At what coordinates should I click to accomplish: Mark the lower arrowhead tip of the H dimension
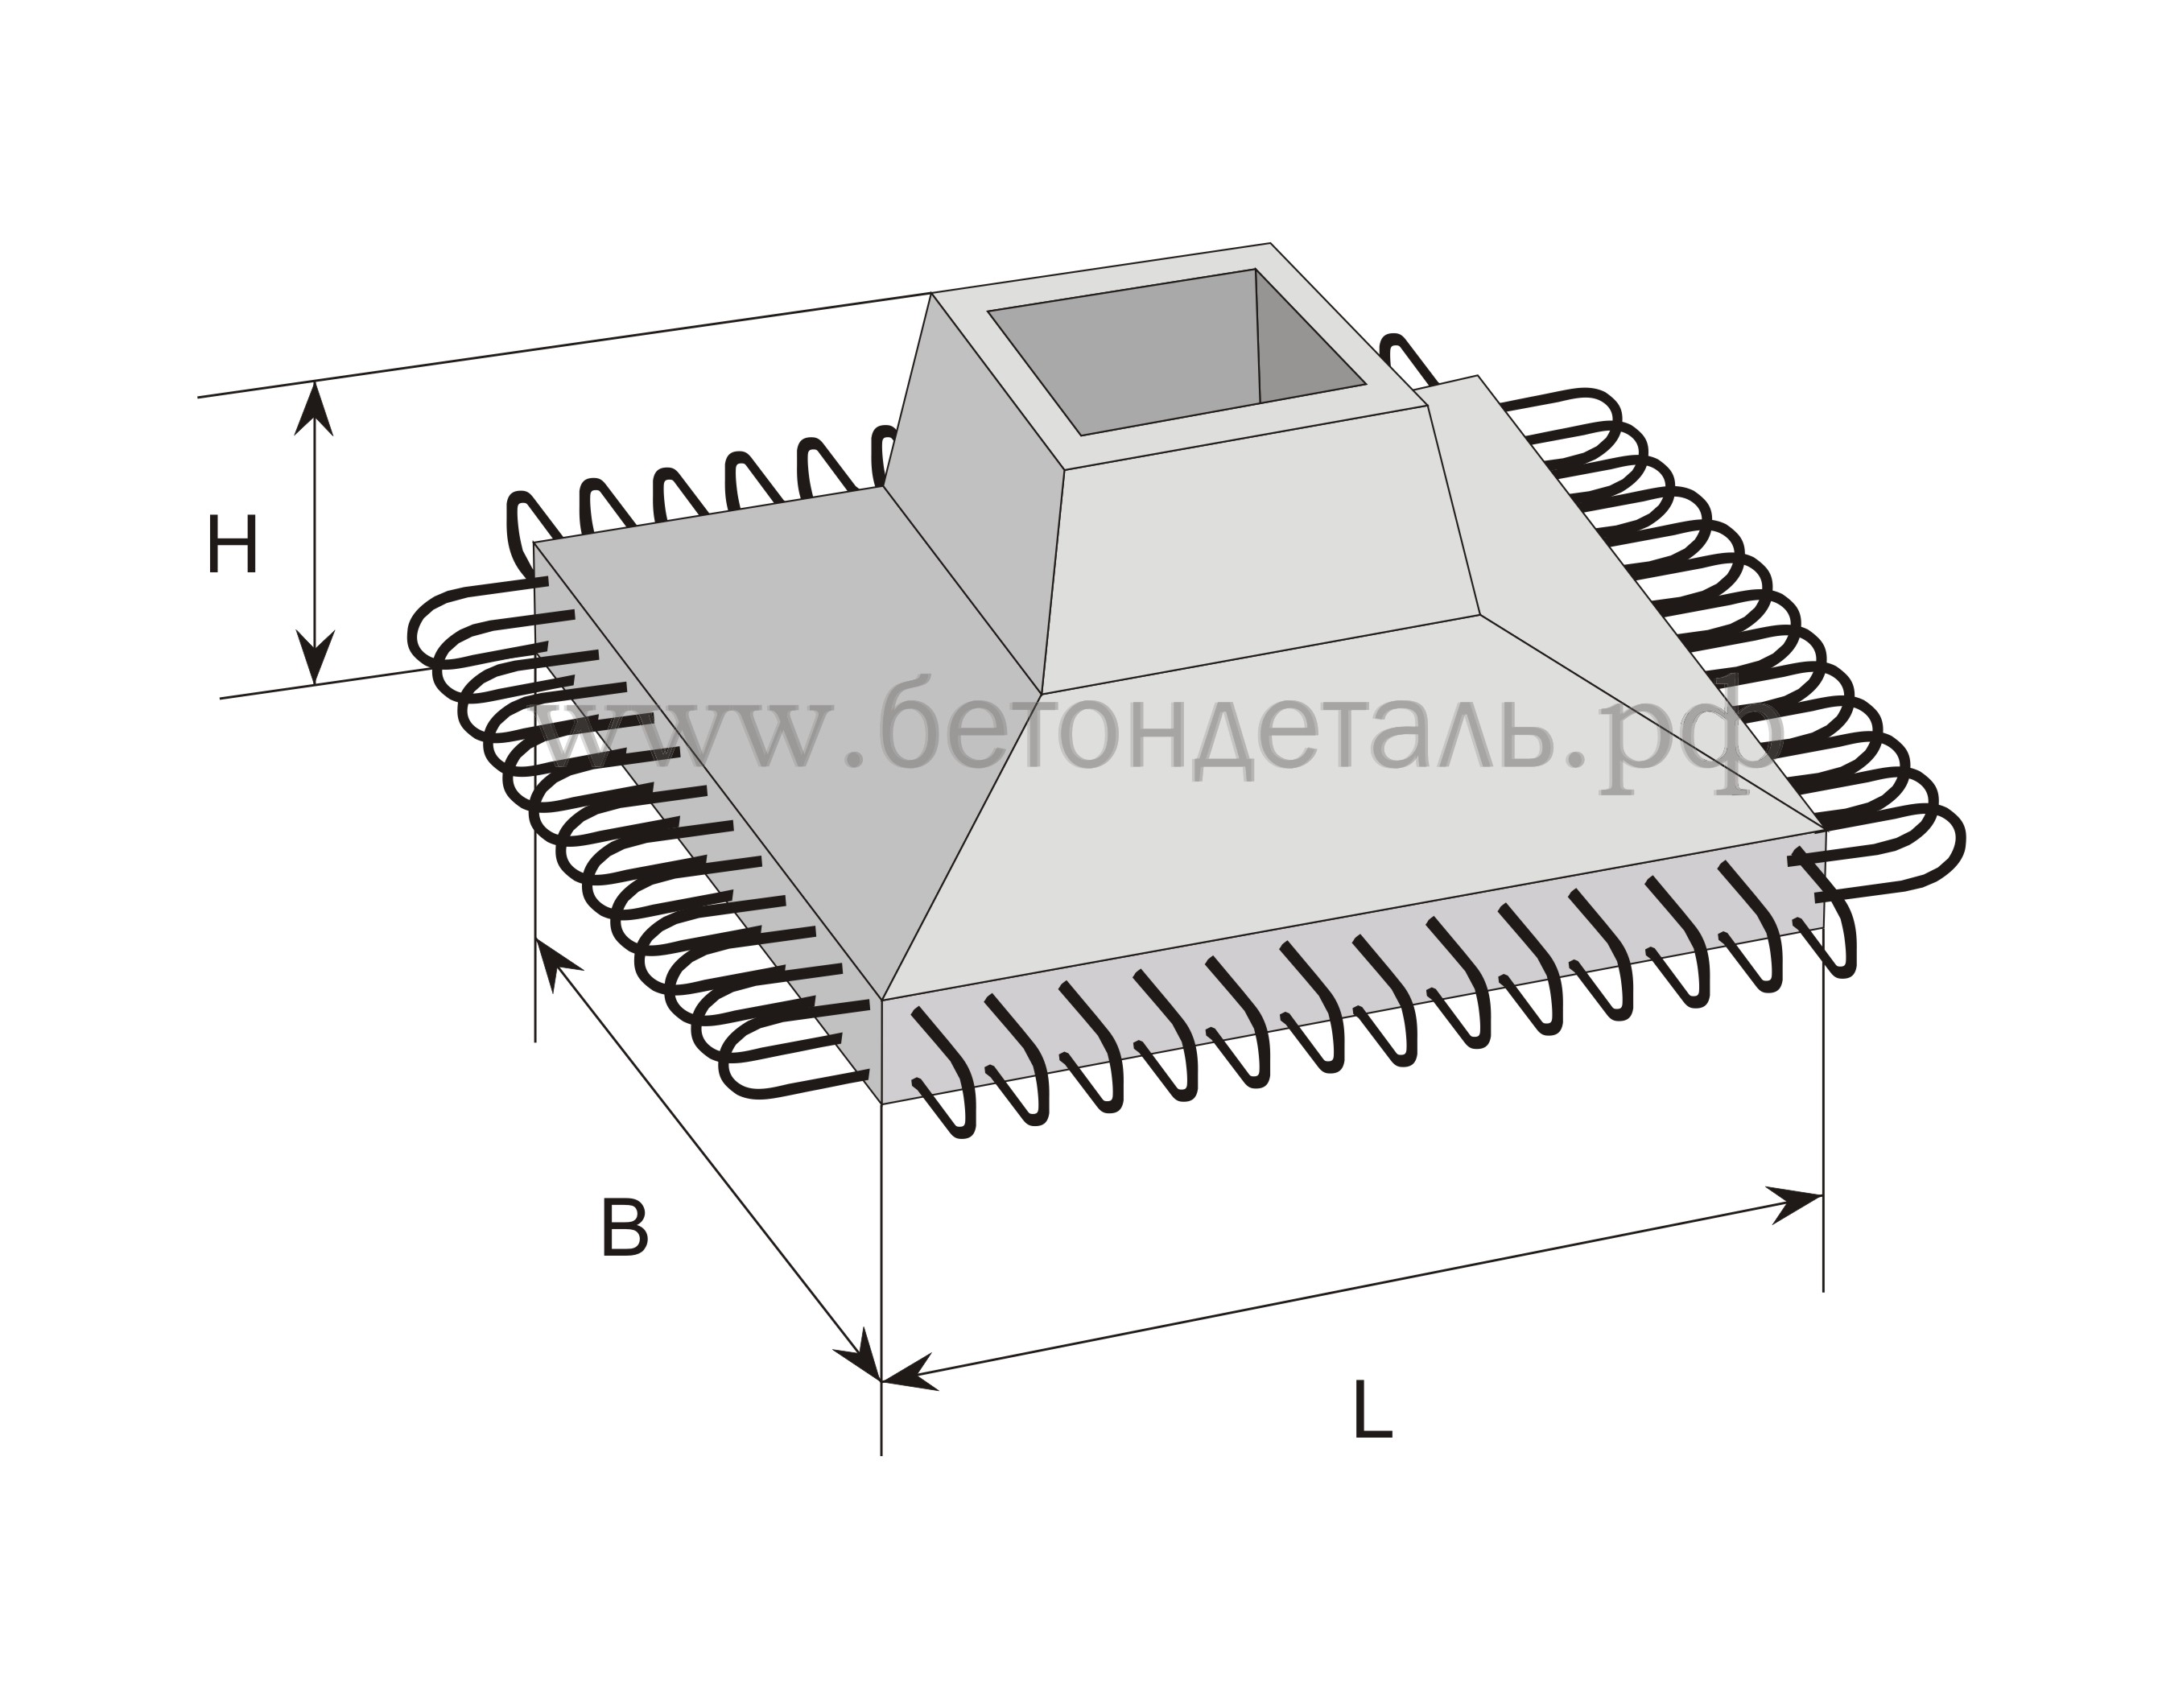pos(316,685)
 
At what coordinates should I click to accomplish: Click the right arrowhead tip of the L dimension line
pos(1822,1194)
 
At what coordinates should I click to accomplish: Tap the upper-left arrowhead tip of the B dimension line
pos(537,938)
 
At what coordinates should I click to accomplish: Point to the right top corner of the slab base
pos(1825,828)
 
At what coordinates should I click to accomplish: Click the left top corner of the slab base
pos(535,543)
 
